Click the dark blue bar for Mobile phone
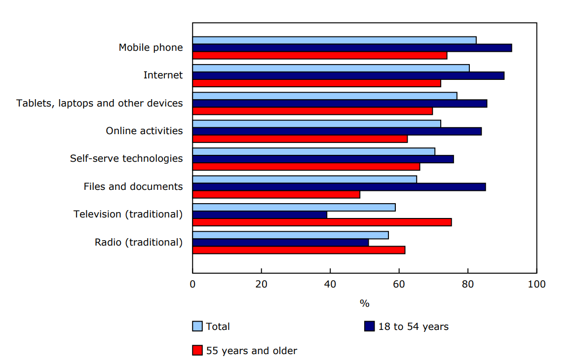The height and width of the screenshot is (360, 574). point(352,48)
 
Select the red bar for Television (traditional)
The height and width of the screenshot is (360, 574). point(322,222)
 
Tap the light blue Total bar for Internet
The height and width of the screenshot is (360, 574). point(331,68)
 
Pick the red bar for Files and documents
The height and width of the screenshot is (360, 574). point(276,195)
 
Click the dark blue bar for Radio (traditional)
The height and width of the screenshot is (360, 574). point(280,243)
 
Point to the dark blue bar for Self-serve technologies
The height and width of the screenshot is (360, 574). point(323,159)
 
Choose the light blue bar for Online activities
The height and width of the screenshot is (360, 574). point(316,124)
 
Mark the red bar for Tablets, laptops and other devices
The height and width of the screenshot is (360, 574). point(312,111)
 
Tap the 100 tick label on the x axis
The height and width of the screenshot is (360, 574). point(536,284)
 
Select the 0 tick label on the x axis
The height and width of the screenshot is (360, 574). point(192,284)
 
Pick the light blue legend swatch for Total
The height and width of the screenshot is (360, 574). point(197,326)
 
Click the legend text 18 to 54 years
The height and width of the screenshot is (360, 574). point(413,326)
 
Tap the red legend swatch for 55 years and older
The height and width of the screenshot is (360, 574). point(197,351)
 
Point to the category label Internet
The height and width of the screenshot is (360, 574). point(163,75)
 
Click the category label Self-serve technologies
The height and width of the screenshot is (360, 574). point(126,159)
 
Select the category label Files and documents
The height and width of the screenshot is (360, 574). point(133,187)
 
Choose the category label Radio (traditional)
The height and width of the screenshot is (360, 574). point(139,243)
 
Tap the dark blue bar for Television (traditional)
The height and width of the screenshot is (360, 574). point(260,215)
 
